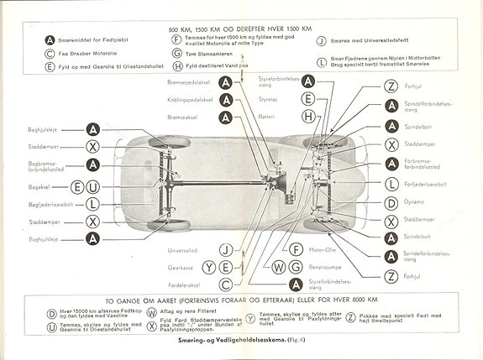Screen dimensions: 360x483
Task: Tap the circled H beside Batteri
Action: [308, 115]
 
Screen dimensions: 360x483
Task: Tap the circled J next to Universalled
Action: [225, 249]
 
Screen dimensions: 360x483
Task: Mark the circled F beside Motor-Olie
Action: [295, 249]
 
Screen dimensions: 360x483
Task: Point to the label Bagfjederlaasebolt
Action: [50, 203]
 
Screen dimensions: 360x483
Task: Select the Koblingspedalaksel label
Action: [188, 99]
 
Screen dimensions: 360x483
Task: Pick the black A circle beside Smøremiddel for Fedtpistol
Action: [51, 39]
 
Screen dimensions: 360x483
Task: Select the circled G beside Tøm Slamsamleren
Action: [176, 52]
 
